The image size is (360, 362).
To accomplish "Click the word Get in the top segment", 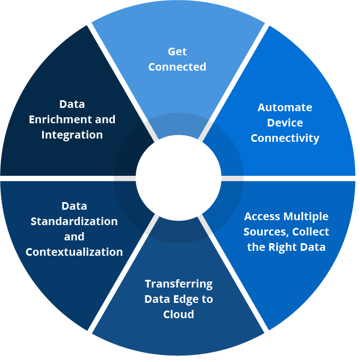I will (177, 51).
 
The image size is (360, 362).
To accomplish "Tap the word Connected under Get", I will (177, 67).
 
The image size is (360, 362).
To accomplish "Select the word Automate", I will (285, 107).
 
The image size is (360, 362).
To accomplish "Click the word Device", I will (285, 123).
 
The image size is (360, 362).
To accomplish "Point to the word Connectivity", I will (285, 138).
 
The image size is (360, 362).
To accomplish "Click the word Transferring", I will (178, 284).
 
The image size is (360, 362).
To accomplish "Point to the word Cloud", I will (178, 314).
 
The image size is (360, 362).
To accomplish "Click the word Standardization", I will (74, 221).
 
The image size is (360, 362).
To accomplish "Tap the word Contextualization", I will (74, 252).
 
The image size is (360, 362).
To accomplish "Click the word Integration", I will (72, 135).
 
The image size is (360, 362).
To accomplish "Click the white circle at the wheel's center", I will (178, 178).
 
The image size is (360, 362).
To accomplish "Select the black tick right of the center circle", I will (232, 178).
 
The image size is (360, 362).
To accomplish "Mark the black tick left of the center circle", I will (125, 178).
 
